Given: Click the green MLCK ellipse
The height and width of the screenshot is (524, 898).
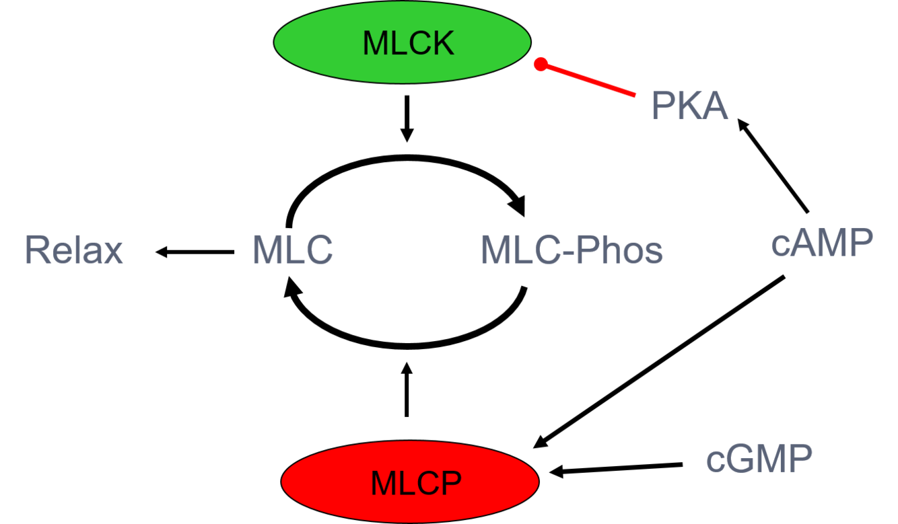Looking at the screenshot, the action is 402,42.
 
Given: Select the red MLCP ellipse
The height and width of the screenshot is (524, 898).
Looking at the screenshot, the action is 410,482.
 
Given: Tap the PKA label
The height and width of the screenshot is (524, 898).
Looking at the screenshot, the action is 689,106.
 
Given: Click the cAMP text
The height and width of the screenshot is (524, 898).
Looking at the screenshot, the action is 822,242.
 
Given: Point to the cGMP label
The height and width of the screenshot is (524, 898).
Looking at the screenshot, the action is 759,459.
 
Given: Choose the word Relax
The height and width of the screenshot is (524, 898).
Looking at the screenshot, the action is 74,250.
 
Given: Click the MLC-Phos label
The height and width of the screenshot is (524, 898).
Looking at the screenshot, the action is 572,250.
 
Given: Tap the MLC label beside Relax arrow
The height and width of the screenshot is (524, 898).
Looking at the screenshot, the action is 293,250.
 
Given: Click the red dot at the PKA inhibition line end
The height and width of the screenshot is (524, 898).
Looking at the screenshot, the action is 541,64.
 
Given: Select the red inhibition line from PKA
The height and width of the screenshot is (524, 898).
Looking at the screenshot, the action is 585,79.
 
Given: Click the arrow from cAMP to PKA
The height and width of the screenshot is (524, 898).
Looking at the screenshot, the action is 773,165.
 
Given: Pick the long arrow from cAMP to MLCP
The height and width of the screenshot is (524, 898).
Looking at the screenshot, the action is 658,362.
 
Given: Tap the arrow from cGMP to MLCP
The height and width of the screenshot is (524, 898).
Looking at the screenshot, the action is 616,469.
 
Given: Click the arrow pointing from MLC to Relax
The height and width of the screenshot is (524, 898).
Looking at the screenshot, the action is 195,252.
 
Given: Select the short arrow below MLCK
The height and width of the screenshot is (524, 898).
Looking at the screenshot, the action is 407,118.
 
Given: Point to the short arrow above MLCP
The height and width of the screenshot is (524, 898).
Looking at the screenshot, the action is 407,389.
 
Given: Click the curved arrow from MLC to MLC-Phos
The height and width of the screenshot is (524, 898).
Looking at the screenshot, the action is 405,158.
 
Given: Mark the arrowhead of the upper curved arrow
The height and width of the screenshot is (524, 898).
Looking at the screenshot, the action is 518,206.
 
